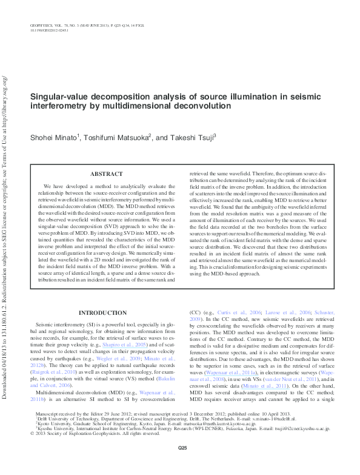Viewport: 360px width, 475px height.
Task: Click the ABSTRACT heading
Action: tap(106, 173)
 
